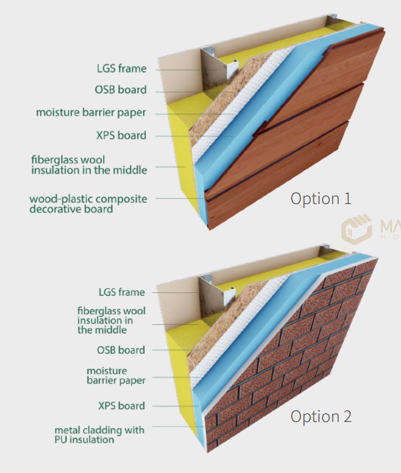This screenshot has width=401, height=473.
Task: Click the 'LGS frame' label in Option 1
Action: pyautogui.click(x=121, y=68)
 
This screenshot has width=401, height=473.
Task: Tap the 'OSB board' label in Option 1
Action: pyautogui.click(x=121, y=90)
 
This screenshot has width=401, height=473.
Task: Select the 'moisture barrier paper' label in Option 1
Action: pyautogui.click(x=91, y=113)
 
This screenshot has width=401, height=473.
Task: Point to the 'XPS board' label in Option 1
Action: pyautogui.click(x=121, y=135)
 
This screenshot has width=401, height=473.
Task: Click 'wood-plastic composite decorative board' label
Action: pyautogui.click(x=88, y=204)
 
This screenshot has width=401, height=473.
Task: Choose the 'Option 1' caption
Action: pyautogui.click(x=321, y=199)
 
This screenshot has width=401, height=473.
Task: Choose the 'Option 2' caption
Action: pyautogui.click(x=321, y=416)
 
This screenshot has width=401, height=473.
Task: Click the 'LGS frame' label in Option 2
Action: pyautogui.click(x=122, y=292)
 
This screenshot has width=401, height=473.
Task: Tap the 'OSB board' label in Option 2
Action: pyautogui.click(x=121, y=350)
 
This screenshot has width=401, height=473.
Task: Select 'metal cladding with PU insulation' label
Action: pyautogui.click(x=100, y=435)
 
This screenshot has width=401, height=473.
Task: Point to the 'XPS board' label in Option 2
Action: pyautogui.click(x=121, y=406)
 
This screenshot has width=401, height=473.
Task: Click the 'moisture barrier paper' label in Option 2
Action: pyautogui.click(x=116, y=375)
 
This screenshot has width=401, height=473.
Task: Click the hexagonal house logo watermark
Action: pyautogui.click(x=356, y=229)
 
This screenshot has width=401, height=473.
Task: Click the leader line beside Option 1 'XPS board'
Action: pyautogui.click(x=194, y=136)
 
